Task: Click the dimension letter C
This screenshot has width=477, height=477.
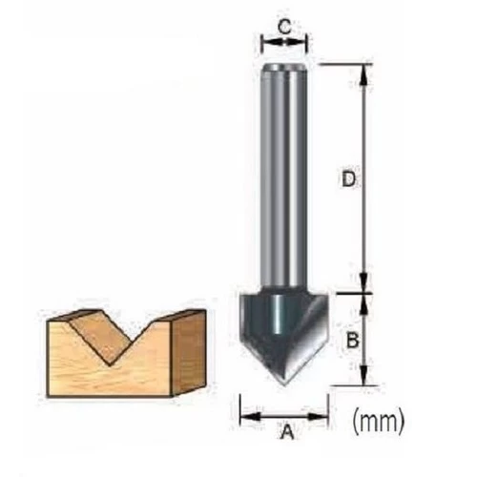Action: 284,27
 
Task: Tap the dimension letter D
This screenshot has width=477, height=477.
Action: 348,179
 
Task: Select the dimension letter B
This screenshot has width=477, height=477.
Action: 352,340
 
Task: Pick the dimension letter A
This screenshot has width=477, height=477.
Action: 287,431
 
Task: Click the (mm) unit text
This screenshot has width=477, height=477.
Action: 379,421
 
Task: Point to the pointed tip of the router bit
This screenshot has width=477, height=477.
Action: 284,385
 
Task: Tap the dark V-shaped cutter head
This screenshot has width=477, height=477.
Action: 283,334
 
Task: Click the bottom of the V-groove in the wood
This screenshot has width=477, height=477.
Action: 110,365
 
